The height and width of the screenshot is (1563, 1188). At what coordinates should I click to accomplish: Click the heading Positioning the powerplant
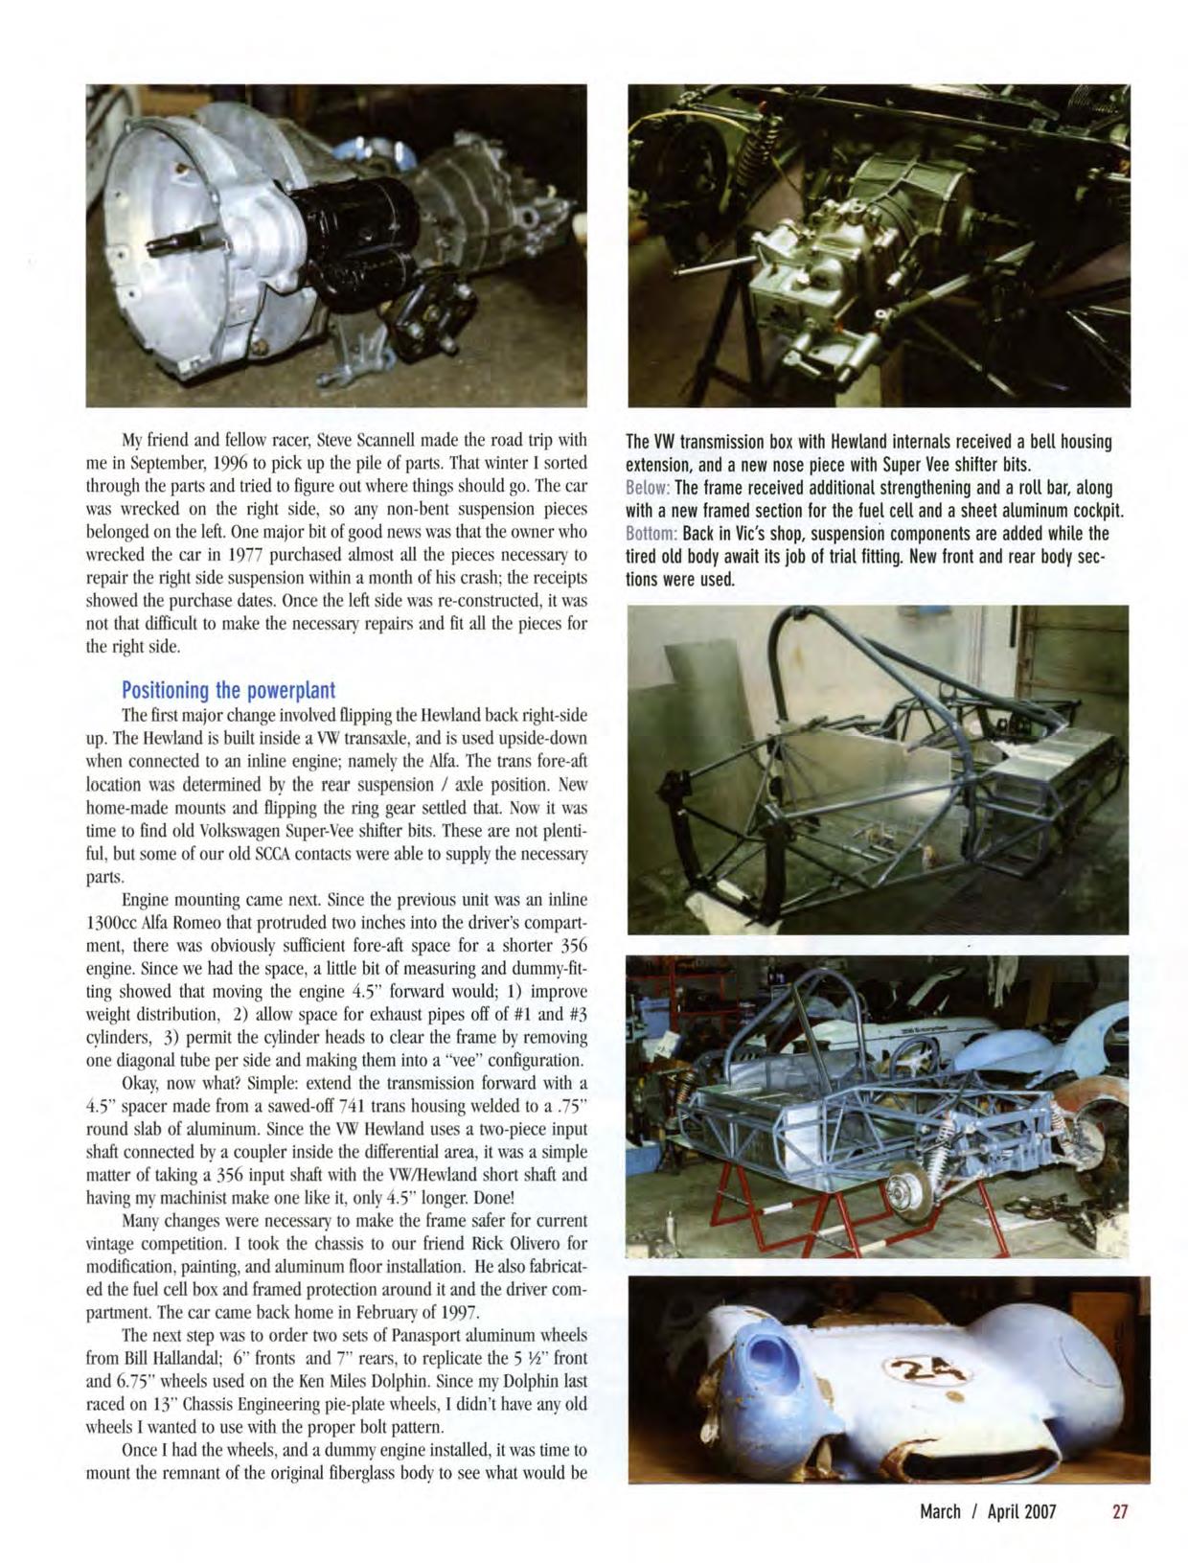tap(228, 691)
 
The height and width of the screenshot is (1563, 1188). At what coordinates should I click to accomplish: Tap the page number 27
tap(1120, 1511)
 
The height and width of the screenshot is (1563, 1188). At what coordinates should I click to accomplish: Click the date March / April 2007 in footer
tap(987, 1511)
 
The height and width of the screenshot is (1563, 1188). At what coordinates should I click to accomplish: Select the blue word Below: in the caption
tap(649, 488)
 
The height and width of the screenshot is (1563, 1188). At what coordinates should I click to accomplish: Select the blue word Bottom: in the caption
tap(652, 533)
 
